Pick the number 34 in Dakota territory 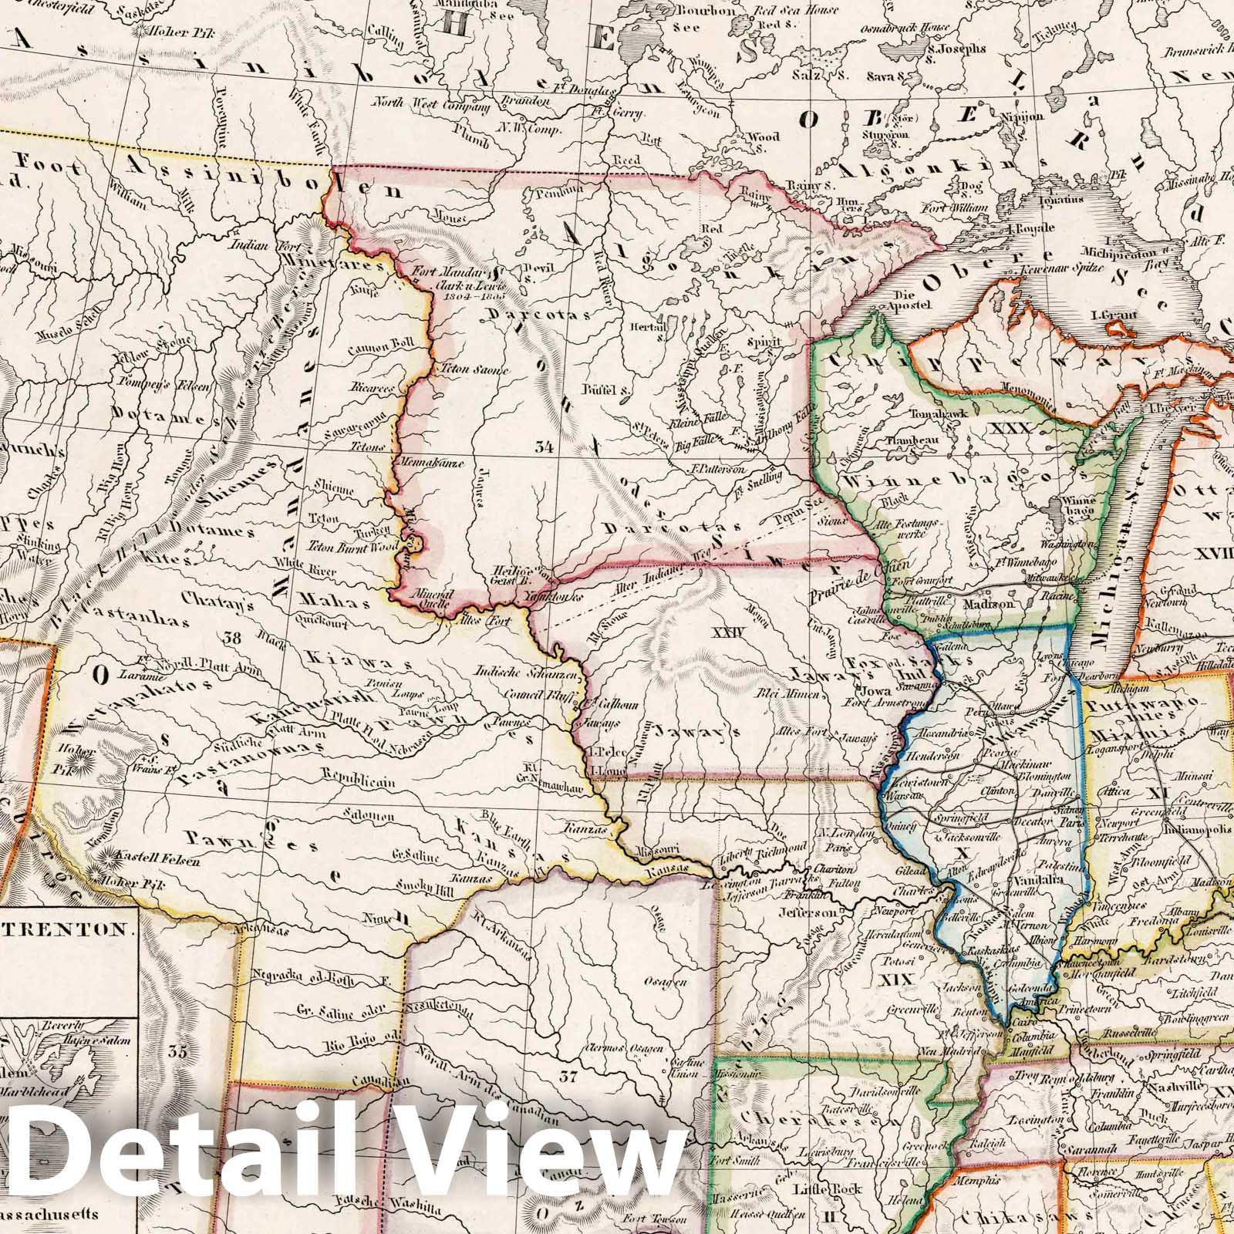547,445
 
